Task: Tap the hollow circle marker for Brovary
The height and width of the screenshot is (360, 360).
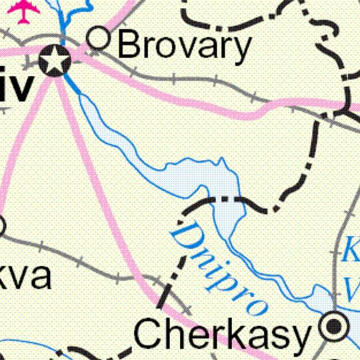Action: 99,39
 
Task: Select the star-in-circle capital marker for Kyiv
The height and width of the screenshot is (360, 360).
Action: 54,61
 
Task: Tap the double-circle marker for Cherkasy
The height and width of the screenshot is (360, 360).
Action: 333,327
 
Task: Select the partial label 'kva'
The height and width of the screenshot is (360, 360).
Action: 25,275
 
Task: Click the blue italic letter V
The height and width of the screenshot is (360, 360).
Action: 352,288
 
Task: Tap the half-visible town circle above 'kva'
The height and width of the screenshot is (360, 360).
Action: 1,227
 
